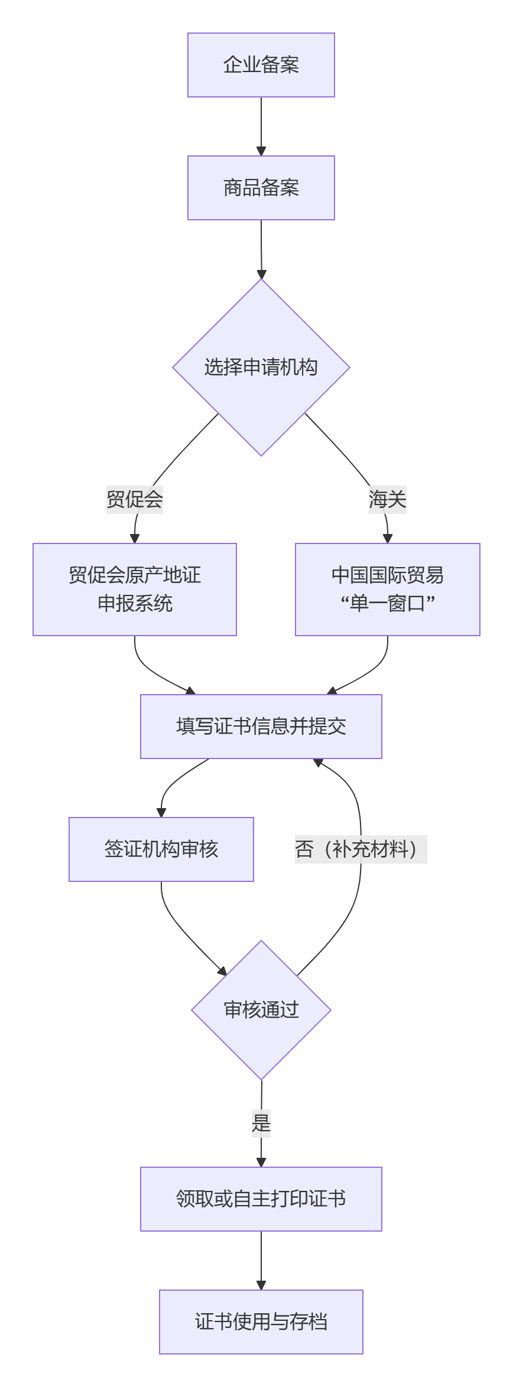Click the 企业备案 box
point(261,65)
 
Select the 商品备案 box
point(261,188)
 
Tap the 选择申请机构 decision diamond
point(261,367)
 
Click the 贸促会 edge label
point(135,500)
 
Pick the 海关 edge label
point(388,500)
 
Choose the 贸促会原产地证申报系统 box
point(135,590)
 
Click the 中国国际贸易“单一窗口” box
point(388,590)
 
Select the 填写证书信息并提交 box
point(261,727)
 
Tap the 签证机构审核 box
point(161,849)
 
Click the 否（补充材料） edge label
point(361,849)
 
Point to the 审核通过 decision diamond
point(261,1010)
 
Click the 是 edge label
point(261,1122)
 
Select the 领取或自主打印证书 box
point(261,1199)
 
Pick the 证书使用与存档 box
point(261,1322)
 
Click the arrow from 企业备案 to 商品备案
point(261,126)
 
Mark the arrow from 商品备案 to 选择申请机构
point(261,249)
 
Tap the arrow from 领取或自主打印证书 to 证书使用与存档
point(261,1261)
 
